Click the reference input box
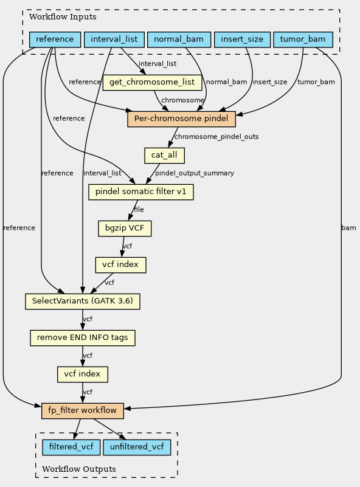[55, 40]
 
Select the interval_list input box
[114, 40]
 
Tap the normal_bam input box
[179, 40]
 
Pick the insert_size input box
[242, 40]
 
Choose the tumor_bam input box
[303, 40]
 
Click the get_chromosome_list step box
[152, 82]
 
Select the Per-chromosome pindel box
[181, 119]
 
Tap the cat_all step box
[164, 155]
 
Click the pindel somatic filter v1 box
[141, 192]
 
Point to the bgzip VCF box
[125, 228]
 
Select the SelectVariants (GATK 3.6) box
[83, 302]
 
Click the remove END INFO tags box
[83, 337]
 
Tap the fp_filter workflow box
[83, 410]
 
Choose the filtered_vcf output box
[71, 447]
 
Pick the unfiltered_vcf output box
[137, 447]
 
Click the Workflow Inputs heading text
[63, 17]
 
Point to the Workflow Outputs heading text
[79, 469]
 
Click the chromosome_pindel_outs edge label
[216, 137]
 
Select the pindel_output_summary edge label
[195, 173]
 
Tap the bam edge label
[348, 228]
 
